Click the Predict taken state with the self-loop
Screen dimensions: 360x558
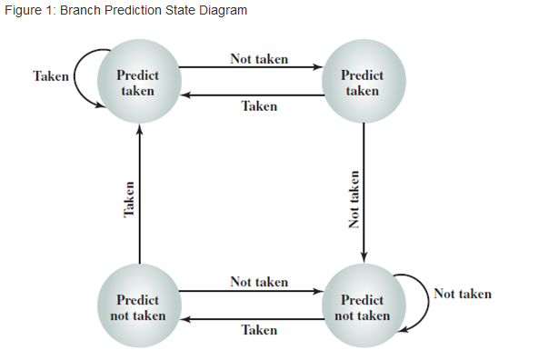(139, 84)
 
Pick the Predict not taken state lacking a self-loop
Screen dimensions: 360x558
(139, 306)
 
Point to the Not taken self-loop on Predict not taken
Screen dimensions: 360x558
(422, 297)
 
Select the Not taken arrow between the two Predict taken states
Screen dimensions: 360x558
(250, 67)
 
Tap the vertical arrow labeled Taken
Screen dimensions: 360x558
(139, 195)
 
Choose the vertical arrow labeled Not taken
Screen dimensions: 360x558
(364, 195)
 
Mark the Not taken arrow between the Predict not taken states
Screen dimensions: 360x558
(250, 292)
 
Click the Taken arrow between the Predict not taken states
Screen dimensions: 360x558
(250, 319)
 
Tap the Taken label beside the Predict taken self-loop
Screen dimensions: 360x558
(51, 76)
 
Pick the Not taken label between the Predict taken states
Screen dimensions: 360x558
(259, 59)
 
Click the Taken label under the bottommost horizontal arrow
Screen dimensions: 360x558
(259, 330)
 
